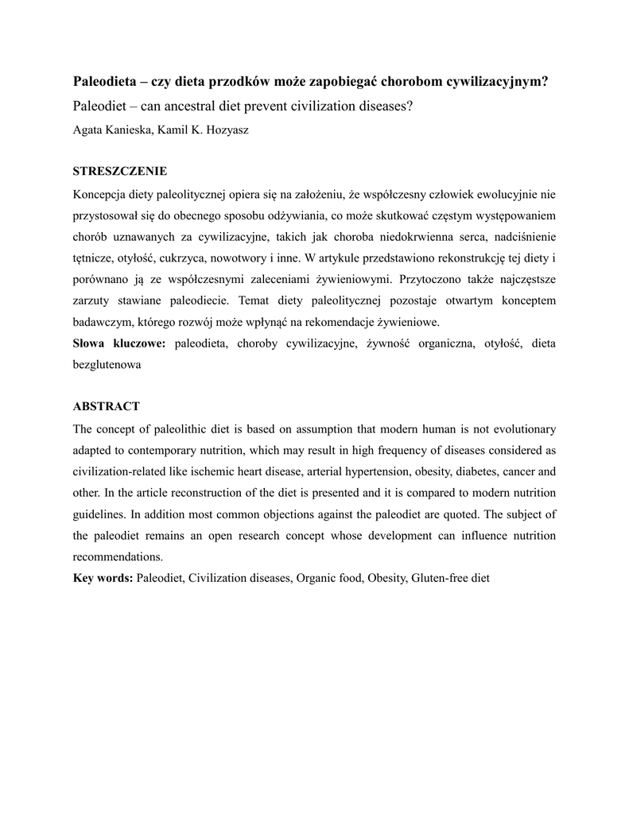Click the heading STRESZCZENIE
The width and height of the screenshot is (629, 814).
click(120, 171)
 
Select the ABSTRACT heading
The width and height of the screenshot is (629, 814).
click(106, 406)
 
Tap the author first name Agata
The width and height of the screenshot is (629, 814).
click(89, 130)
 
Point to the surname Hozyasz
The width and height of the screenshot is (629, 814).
click(226, 130)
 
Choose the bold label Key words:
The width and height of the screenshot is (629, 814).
click(103, 578)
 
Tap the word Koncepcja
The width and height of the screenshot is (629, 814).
click(101, 194)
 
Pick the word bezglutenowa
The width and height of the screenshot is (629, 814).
click(107, 365)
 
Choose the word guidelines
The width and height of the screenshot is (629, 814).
click(99, 514)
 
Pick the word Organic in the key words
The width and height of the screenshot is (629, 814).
click(316, 578)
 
